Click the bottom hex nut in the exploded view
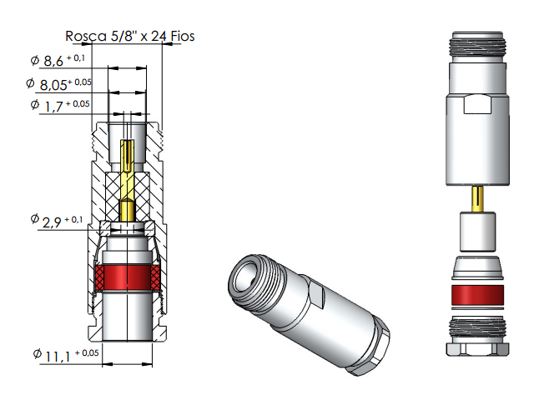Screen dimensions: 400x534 tap(477, 337)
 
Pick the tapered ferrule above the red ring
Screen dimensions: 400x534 tap(477, 269)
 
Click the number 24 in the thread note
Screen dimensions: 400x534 tap(152, 36)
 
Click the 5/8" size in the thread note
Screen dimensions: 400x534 tap(118, 36)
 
